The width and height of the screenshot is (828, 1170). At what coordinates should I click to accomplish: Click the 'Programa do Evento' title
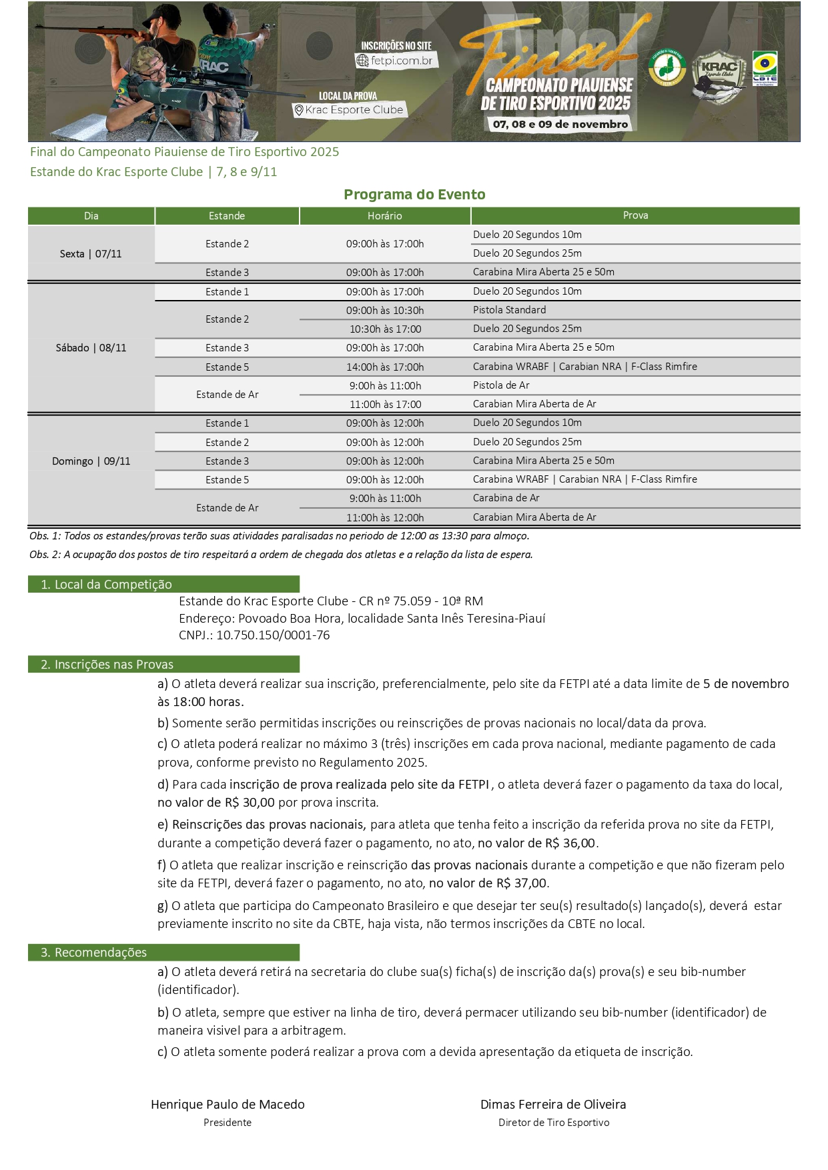(x=414, y=195)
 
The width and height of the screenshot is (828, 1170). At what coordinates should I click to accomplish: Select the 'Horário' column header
(x=385, y=216)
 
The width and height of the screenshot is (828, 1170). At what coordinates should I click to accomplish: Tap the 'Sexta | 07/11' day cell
(x=91, y=254)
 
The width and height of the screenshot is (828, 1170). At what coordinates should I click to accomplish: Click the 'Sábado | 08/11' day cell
(x=91, y=348)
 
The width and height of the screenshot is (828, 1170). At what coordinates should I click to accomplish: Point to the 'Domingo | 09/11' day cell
(x=91, y=461)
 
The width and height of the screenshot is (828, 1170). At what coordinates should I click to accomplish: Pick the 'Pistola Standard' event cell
(x=510, y=310)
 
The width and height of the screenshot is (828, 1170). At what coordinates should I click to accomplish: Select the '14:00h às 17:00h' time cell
(x=385, y=367)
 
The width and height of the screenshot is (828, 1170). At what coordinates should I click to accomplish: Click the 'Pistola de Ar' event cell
(x=501, y=385)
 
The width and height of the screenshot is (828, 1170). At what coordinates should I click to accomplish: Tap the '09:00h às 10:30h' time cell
(x=385, y=311)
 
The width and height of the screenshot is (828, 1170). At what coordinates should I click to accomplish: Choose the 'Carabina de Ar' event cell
(x=506, y=498)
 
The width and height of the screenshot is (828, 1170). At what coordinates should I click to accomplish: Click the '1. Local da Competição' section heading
(x=107, y=585)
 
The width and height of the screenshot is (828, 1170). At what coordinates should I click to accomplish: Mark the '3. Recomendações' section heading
(x=94, y=953)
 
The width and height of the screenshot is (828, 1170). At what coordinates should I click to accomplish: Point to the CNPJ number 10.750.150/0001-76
(x=273, y=635)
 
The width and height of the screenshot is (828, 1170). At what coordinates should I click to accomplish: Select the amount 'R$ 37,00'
(x=521, y=883)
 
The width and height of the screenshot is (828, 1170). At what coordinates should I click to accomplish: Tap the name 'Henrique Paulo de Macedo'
(x=228, y=1105)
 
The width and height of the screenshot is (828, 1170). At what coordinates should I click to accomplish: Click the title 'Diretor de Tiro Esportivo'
(x=554, y=1123)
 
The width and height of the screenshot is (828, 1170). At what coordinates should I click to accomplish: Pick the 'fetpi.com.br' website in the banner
(x=401, y=61)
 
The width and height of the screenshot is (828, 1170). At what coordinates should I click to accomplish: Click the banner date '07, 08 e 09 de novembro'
(x=560, y=124)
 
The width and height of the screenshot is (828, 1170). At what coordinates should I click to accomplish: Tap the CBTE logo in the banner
(x=765, y=69)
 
